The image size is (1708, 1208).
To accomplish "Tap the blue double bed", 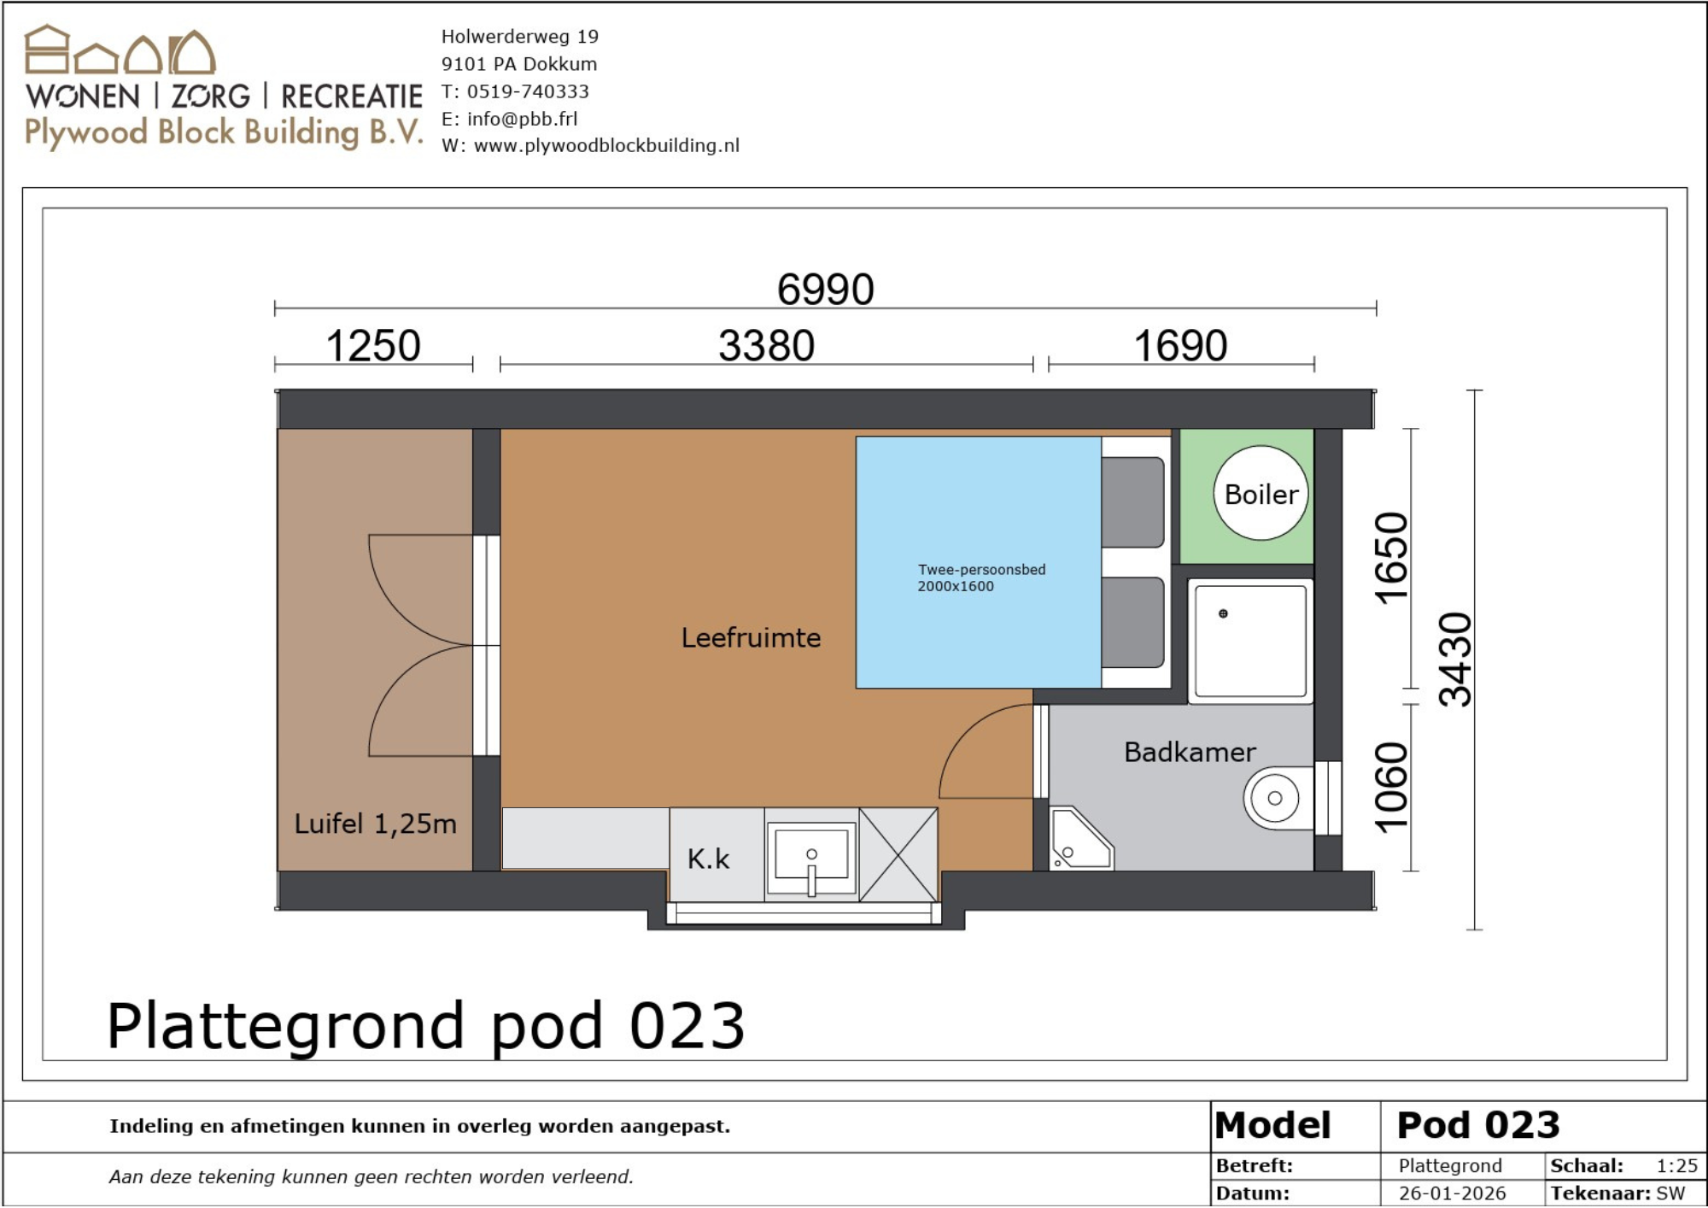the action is tap(979, 562).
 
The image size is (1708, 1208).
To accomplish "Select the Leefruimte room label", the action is tap(751, 637).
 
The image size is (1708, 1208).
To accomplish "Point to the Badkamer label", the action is tap(1190, 752).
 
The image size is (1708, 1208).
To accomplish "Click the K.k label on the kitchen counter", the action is tap(709, 859).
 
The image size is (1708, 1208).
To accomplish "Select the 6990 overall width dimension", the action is tap(825, 289).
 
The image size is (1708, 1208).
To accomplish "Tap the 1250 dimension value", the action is tap(373, 346).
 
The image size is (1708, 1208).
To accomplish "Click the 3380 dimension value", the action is tap(766, 346).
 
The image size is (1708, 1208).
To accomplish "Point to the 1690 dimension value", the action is tap(1180, 346).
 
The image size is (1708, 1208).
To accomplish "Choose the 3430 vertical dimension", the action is tap(1456, 660).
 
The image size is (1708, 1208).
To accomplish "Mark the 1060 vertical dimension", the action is tap(1391, 788).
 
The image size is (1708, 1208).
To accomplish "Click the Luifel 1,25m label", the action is tap(376, 824).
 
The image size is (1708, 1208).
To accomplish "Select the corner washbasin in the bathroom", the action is tap(1079, 838).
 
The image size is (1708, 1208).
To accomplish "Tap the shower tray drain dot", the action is tap(1223, 613).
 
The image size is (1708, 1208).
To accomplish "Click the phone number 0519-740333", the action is tap(528, 91).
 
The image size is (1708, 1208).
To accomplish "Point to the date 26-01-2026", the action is tap(1452, 1193).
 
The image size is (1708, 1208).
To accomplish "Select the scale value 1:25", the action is tap(1676, 1166).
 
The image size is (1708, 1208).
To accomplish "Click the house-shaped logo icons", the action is tap(120, 50).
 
